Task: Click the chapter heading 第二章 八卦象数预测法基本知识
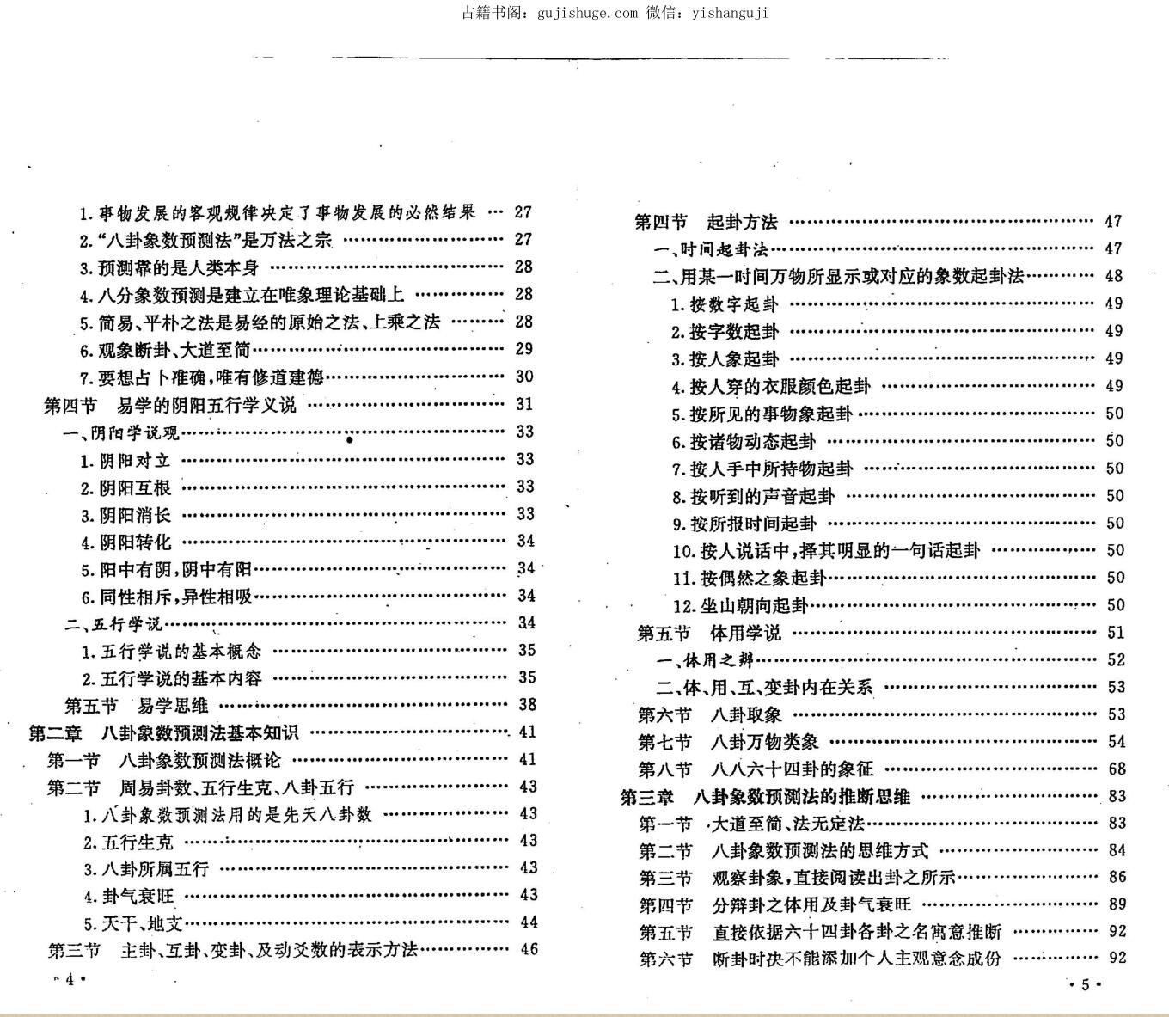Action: click(163, 732)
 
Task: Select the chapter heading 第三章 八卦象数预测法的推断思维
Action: click(765, 797)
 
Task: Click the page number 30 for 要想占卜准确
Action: click(523, 377)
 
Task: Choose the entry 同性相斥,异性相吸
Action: click(167, 597)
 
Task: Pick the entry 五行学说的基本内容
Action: click(172, 678)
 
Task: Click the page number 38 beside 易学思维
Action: click(527, 705)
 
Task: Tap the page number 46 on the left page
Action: click(529, 949)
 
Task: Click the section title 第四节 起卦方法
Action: click(706, 222)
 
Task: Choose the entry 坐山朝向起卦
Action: click(740, 606)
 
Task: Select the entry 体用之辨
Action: click(705, 660)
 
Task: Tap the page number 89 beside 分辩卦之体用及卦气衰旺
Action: click(1117, 904)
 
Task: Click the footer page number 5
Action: click(1085, 985)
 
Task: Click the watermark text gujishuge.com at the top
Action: click(587, 12)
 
